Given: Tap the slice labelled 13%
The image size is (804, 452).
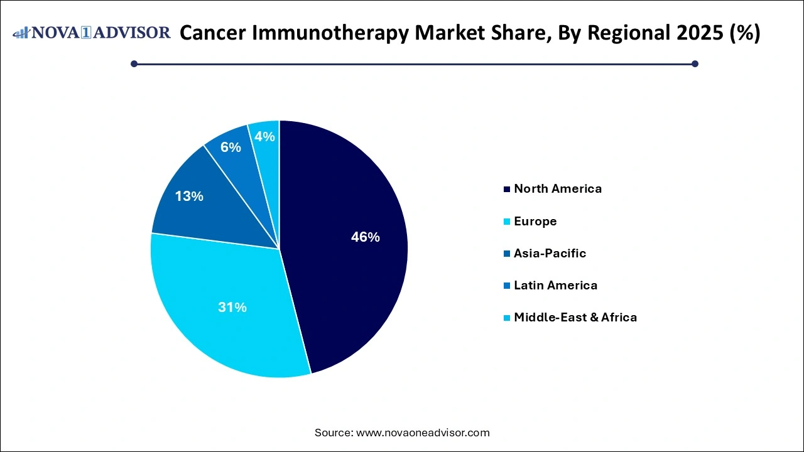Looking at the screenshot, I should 195,201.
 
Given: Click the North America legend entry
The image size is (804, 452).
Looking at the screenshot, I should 557,189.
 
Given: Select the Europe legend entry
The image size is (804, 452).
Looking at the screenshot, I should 535,222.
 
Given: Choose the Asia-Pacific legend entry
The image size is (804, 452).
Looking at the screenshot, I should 550,254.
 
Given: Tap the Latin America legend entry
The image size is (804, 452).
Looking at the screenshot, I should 555,286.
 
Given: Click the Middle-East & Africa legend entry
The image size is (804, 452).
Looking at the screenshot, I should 575,318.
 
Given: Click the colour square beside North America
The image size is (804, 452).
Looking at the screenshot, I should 506,189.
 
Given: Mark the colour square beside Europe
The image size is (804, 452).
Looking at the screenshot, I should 506,222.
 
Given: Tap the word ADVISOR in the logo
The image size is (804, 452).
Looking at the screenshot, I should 133,33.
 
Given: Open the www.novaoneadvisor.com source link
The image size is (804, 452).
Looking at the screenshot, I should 423,433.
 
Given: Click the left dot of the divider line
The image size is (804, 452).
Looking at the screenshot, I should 134,63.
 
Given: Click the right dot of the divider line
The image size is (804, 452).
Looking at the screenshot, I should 695,63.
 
